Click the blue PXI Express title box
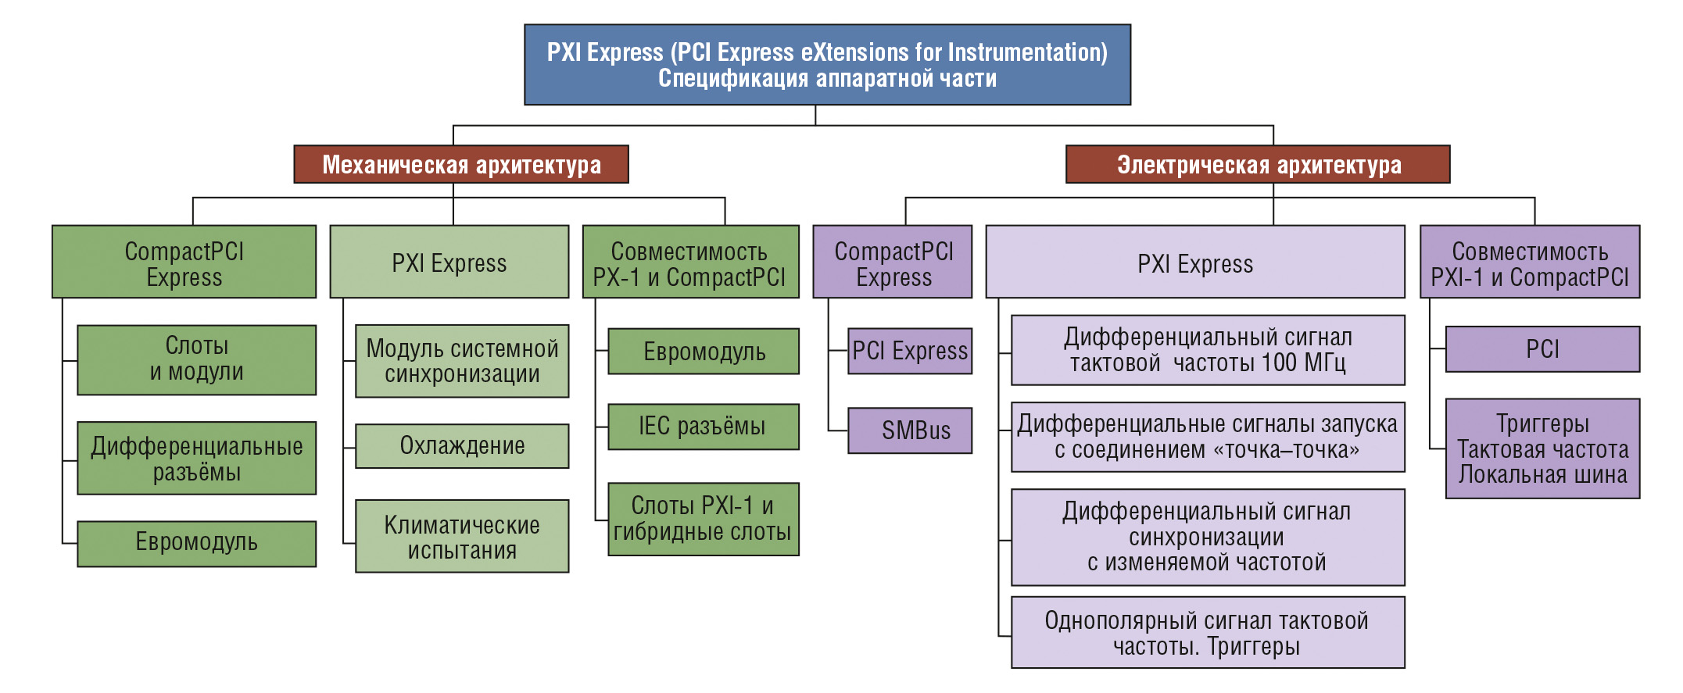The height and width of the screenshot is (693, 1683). coord(827,65)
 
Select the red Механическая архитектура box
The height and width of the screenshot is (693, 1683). coord(461,164)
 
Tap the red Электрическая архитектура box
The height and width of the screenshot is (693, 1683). coord(1258,164)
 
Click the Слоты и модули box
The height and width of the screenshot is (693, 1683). coord(197,360)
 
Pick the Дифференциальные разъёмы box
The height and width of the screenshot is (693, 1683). coord(197,459)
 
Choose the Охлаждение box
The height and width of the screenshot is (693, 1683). coord(462,446)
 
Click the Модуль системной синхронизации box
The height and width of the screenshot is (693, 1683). coord(462,361)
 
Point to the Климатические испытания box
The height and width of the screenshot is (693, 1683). coord(462,537)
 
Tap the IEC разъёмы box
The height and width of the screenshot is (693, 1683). coord(704,427)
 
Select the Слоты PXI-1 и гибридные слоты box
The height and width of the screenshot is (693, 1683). coord(704,520)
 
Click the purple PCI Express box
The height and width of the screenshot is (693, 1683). coord(910,352)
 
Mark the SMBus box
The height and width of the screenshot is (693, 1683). coord(910,430)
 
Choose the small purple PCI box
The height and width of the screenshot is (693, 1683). coord(1543,349)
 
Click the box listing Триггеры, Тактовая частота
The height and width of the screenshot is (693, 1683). coord(1543,449)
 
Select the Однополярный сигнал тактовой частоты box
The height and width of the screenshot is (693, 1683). coord(1208,633)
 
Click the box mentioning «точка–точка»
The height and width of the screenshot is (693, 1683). coord(1208,438)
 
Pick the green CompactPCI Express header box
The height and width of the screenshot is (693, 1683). coord(184,263)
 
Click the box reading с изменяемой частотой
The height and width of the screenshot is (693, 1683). coord(1208,538)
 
